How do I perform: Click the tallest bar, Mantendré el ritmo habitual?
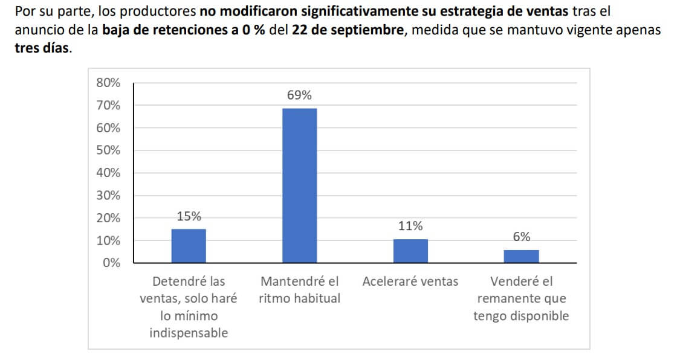pyautogui.click(x=300, y=185)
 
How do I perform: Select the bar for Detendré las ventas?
pyautogui.click(x=189, y=246)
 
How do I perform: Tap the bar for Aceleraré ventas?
pyautogui.click(x=410, y=251)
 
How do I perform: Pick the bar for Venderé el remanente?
pyautogui.click(x=521, y=256)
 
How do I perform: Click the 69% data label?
pyautogui.click(x=300, y=95)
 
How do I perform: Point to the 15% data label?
pyautogui.click(x=189, y=216)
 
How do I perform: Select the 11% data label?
pyautogui.click(x=410, y=227)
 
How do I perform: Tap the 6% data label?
pyautogui.click(x=521, y=237)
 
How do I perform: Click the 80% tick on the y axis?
pyautogui.click(x=108, y=83)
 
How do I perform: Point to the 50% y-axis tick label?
pyautogui.click(x=108, y=150)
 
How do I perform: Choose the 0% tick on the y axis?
pyautogui.click(x=111, y=263)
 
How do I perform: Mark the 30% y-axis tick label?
pyautogui.click(x=108, y=196)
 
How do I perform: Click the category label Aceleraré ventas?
pyautogui.click(x=410, y=281)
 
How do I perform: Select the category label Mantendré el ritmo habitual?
pyautogui.click(x=300, y=290)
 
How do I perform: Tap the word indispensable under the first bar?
pyautogui.click(x=189, y=333)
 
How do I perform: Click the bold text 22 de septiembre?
pyautogui.click(x=347, y=30)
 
